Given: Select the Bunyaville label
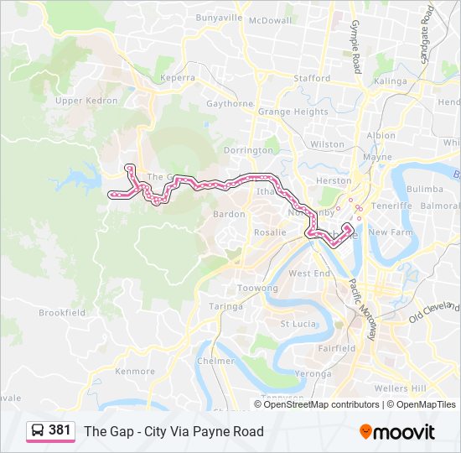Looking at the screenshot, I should (219, 17).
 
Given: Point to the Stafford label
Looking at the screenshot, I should (313, 78).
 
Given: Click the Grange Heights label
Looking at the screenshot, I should (293, 112).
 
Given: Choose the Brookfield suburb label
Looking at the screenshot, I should (62, 312).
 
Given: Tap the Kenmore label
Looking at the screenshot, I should (135, 371).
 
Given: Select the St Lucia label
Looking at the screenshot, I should (297, 323).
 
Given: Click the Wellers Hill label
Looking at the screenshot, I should (401, 388).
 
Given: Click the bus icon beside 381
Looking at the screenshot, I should (38, 431).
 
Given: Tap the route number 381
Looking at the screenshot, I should (60, 430).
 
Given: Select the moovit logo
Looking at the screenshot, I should (397, 432).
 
